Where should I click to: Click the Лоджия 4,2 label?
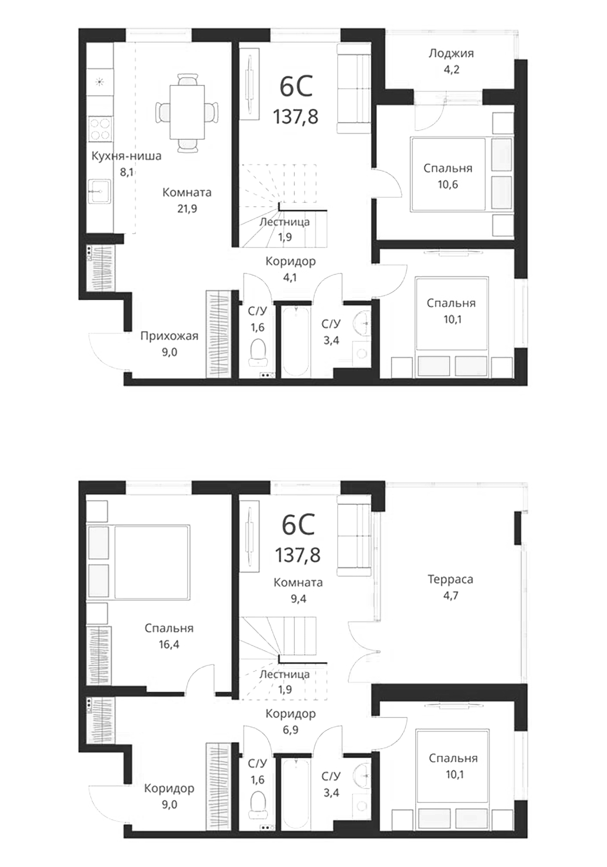[x=451, y=61]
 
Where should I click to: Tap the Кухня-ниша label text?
[x=126, y=156]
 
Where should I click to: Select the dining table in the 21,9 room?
[x=187, y=112]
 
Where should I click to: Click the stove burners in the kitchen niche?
[x=100, y=129]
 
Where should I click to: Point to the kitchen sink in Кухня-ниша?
[x=99, y=191]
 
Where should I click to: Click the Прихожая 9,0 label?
[x=169, y=344]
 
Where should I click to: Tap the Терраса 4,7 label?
[x=450, y=587]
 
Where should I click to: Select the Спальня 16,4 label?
[x=169, y=636]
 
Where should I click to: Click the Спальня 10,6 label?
[x=447, y=176]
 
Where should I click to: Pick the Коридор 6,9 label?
[x=290, y=721]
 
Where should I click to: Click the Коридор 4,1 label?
[x=290, y=269]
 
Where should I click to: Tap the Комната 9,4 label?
[x=298, y=590]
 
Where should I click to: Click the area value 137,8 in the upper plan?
[x=295, y=117]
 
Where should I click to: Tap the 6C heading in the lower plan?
[x=298, y=524]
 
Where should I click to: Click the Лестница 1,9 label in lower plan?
[x=285, y=682]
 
